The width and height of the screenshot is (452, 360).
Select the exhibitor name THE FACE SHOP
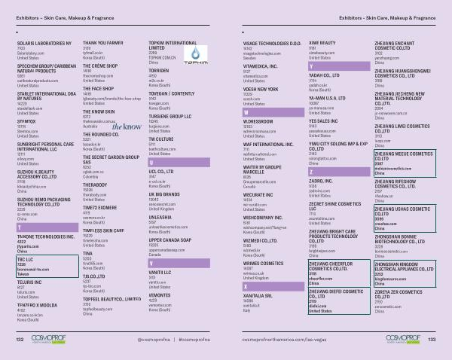[x=97, y=89]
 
